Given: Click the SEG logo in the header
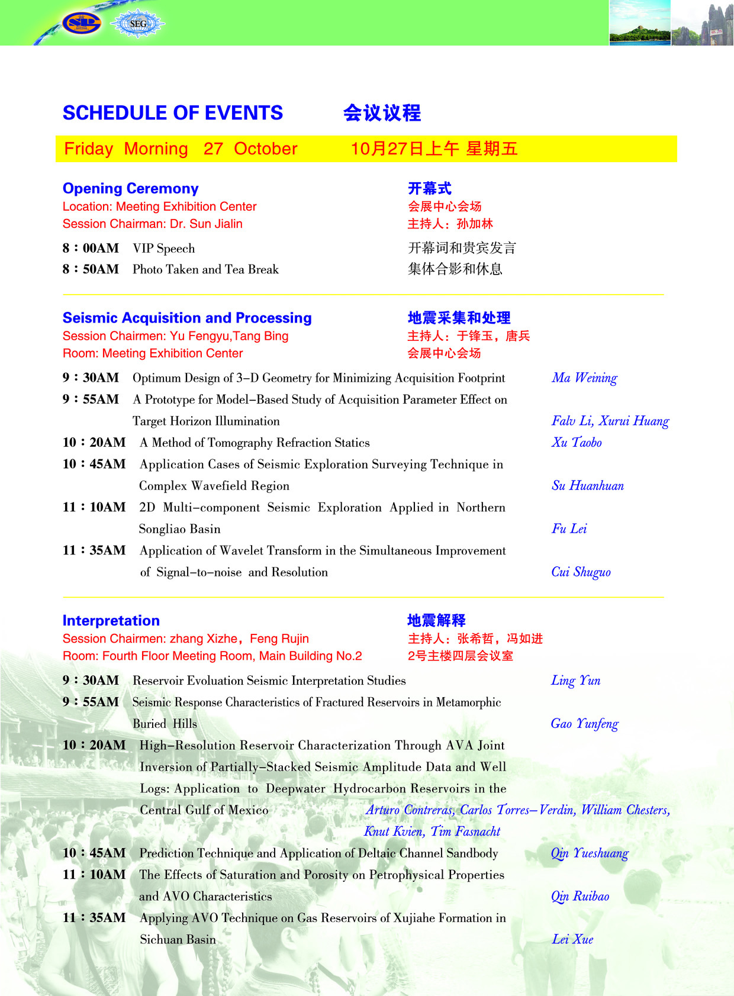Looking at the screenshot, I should (138, 24).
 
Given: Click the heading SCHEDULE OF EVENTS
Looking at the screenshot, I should (173, 113).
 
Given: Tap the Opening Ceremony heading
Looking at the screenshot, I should (130, 188).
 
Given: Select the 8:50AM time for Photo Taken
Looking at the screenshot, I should (91, 269).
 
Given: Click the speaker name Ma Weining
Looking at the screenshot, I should (584, 378).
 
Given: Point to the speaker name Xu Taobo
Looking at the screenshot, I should (577, 443).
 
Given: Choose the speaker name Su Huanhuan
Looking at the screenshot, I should (587, 486).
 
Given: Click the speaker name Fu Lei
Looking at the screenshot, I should (569, 529).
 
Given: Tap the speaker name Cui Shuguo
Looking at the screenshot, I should (581, 572).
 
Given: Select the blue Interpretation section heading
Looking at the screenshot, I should (111, 620).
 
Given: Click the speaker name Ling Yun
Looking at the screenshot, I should (575, 681).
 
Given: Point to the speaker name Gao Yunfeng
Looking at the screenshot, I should (584, 724).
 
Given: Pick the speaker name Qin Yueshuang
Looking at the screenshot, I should (590, 853).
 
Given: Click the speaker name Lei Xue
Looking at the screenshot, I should (572, 940).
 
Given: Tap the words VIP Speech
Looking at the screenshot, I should (163, 249).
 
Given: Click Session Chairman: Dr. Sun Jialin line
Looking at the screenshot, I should (152, 224).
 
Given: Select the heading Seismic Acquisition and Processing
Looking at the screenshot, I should (187, 318).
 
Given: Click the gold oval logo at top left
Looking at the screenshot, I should (82, 23).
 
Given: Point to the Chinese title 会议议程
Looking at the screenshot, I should (382, 113).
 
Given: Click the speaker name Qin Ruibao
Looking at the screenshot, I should (580, 897).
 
